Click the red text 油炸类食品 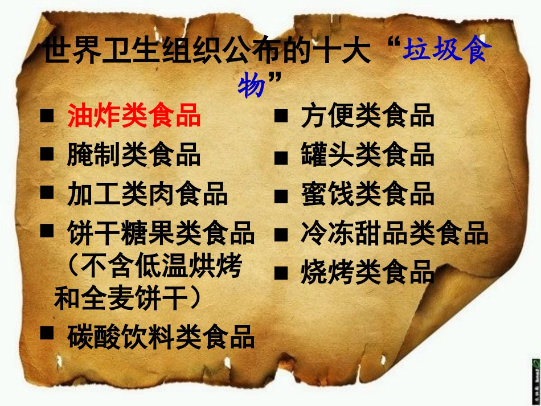[x=134, y=116]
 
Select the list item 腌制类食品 [x=134, y=155]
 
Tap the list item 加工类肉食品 [x=147, y=194]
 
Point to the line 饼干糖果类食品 [x=161, y=233]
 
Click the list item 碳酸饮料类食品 [x=161, y=337]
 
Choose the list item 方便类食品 [x=367, y=116]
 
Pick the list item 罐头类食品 [x=367, y=155]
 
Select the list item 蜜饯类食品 [x=367, y=194]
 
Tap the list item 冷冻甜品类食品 [x=395, y=233]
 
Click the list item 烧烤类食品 [x=367, y=273]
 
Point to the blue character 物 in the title [x=251, y=86]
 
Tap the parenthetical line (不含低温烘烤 [x=154, y=265]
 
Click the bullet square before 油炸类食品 [x=47, y=116]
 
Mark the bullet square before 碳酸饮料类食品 [x=47, y=333]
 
